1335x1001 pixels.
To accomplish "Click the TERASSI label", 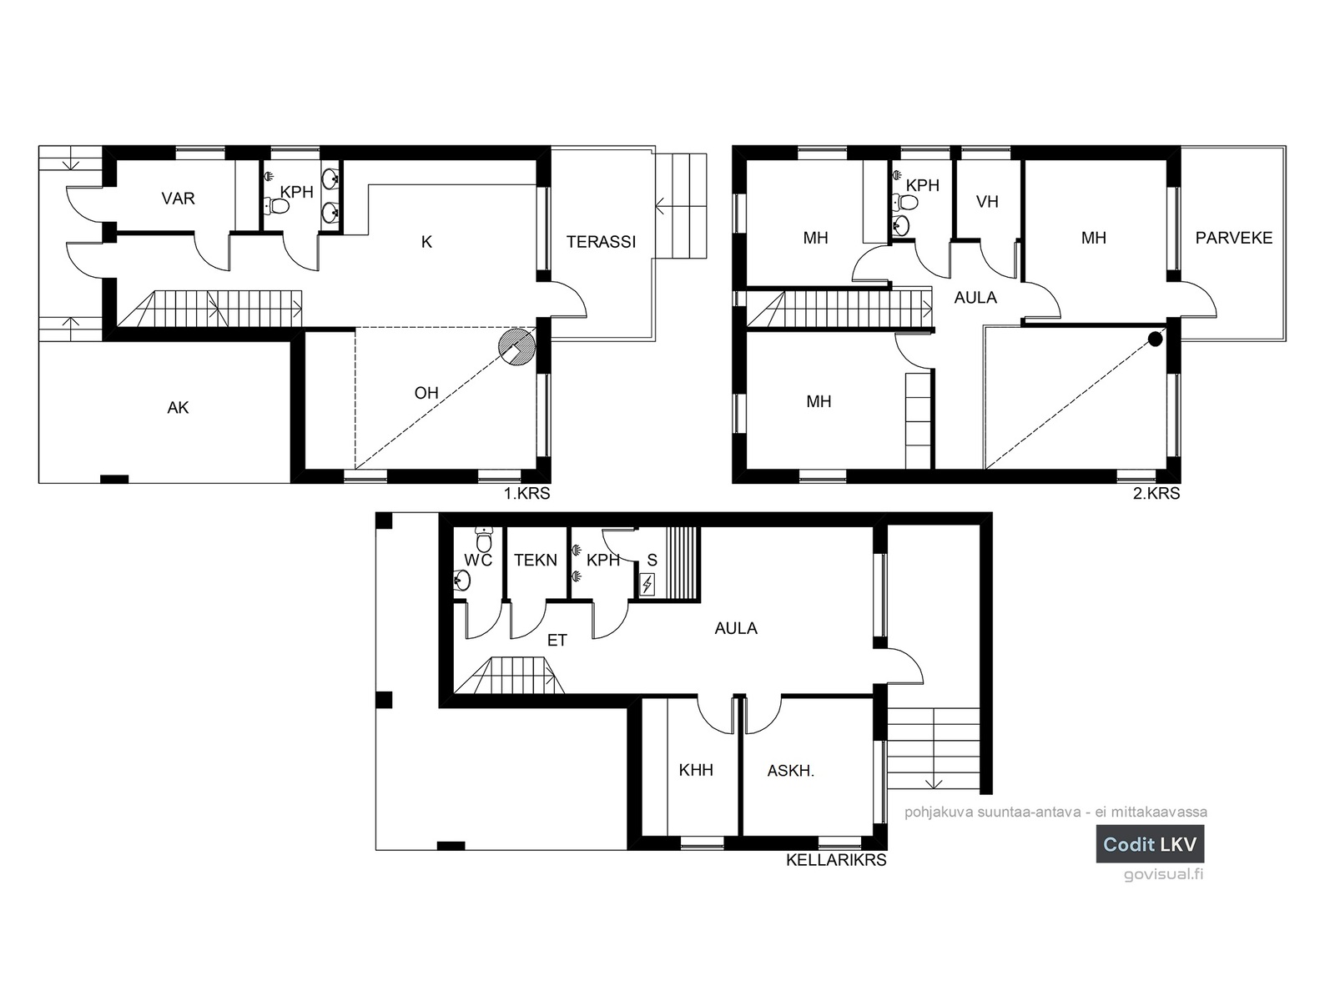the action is pos(601,242).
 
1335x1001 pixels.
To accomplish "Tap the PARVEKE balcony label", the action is pos(1233,238).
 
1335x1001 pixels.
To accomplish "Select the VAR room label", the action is pos(179,199).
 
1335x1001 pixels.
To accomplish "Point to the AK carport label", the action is pos(179,408).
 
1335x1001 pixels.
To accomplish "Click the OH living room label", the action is pos(426,393).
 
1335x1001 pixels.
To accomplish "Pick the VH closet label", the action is pos(987,201).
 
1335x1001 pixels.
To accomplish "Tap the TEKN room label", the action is pos(535,560).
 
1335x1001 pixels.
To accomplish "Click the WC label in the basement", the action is pos(478,560).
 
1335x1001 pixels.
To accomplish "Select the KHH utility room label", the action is pos(696,770).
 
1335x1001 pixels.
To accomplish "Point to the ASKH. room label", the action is pos(791,771).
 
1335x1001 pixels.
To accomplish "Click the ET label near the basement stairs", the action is pos(557,640).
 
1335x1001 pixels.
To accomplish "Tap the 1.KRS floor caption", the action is pos(526,493).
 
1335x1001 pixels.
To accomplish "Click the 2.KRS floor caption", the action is pos(1156,493).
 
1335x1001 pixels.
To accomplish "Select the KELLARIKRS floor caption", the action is pos(836,860).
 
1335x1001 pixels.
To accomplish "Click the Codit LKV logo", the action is pos(1150,843).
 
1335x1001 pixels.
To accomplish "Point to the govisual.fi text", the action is pos(1163,874).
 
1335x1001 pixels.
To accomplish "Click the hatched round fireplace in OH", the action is pos(517,347).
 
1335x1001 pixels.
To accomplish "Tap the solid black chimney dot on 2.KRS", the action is pos(1155,340).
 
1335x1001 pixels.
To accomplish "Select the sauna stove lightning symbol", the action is pos(647,585).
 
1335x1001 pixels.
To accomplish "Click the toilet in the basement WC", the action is pos(484,538).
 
